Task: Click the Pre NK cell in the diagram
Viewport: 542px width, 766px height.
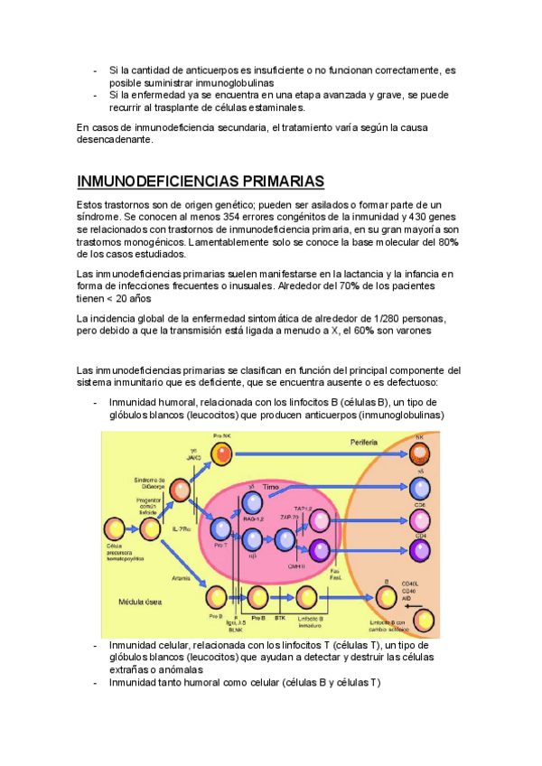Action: click(x=222, y=452)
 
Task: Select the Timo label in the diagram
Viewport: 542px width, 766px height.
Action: click(x=271, y=487)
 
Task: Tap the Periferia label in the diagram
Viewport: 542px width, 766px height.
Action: click(x=365, y=443)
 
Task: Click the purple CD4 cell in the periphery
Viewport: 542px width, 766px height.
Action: click(x=420, y=548)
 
